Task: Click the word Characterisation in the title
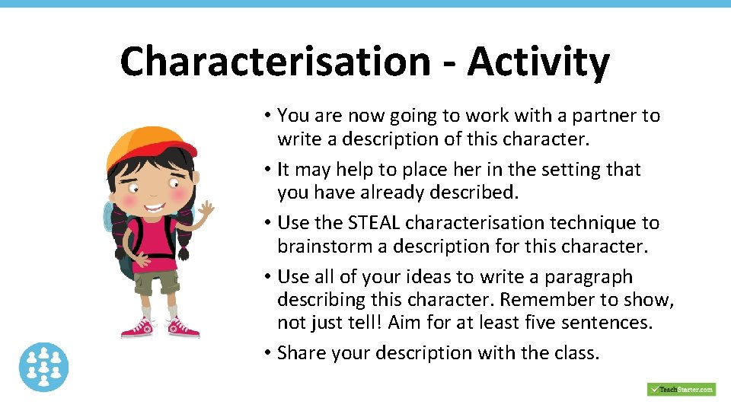point(275,62)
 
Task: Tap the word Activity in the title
point(538,62)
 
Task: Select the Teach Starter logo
point(682,389)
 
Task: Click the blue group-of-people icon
point(44,367)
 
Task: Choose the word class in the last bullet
point(576,353)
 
